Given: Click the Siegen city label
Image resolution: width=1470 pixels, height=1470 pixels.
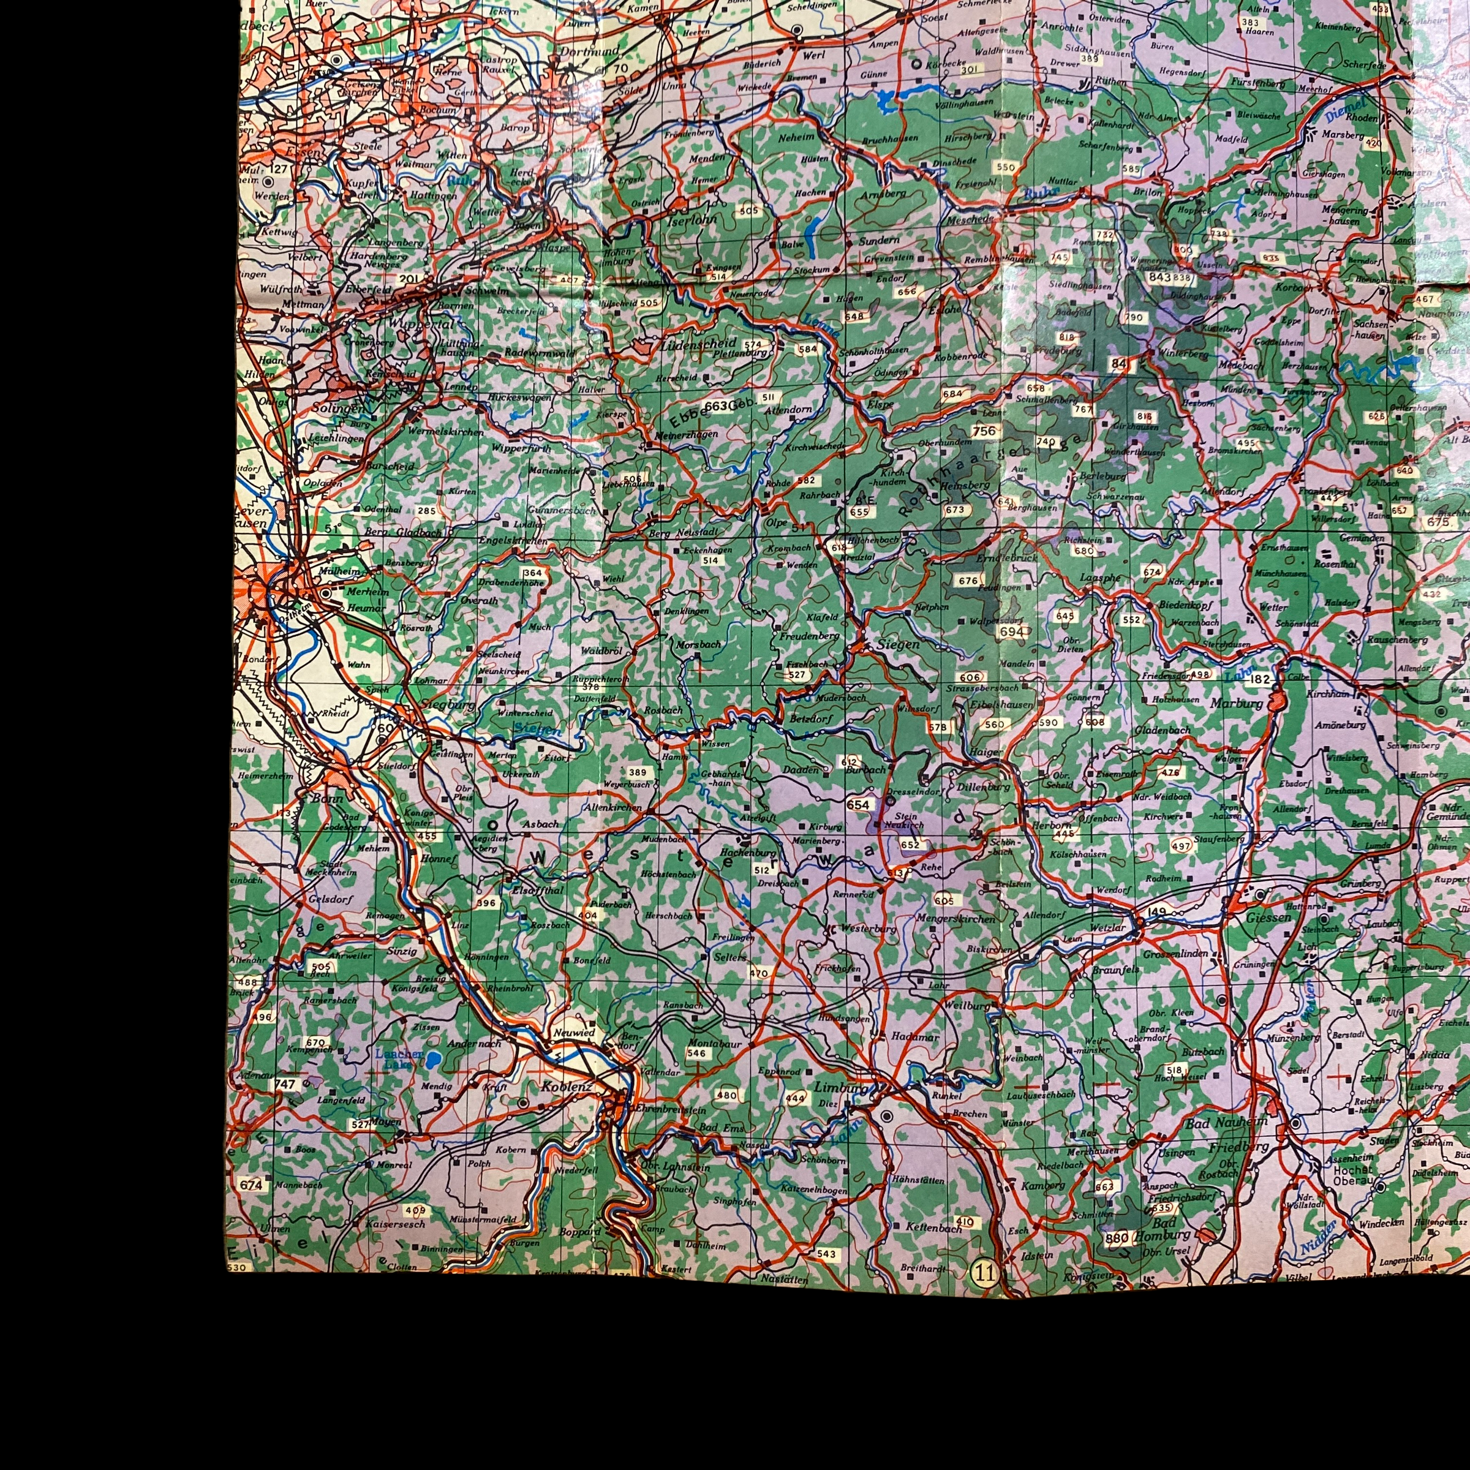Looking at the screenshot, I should point(898,644).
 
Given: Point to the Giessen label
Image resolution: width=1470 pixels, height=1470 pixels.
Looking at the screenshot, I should point(1269,918).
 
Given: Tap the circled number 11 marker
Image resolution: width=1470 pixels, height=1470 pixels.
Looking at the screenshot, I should point(984,1272).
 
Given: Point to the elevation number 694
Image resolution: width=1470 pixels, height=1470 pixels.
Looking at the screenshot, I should point(1011,631).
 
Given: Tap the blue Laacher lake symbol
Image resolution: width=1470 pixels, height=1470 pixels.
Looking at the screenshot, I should point(433,1060).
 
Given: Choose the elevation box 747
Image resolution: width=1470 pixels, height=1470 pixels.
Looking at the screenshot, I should point(285,1084).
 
